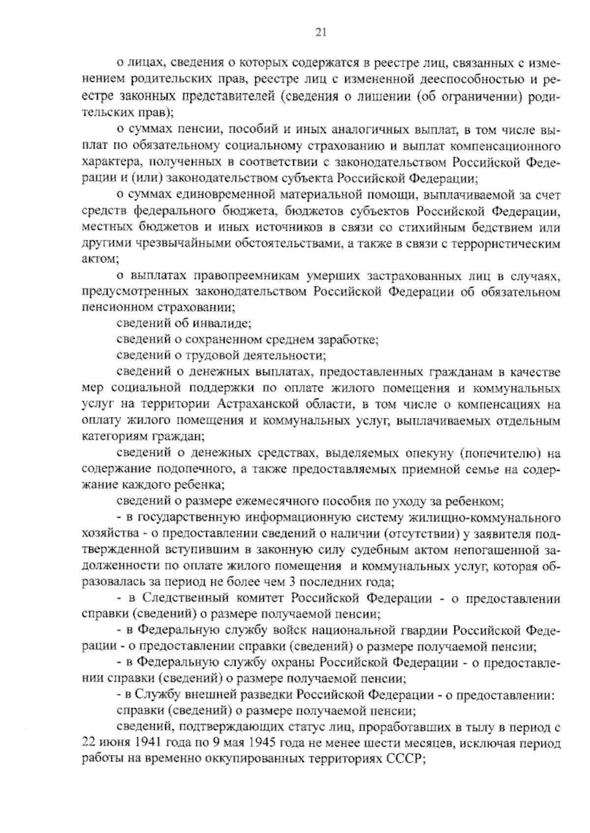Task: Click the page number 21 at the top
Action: click(x=320, y=33)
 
